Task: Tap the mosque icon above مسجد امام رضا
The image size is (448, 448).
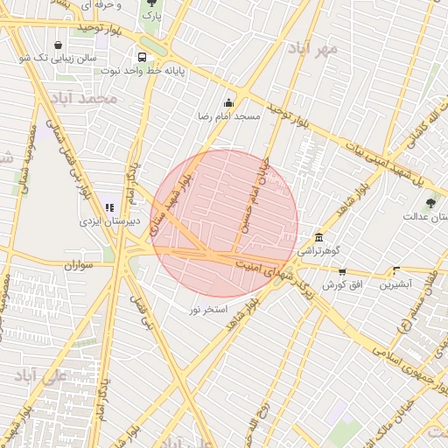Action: pyautogui.click(x=229, y=101)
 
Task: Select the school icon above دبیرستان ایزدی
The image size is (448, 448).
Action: pyautogui.click(x=109, y=207)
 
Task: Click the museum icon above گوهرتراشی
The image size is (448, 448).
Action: pyautogui.click(x=318, y=238)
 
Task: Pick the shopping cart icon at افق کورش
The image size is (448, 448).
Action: pyautogui.click(x=341, y=272)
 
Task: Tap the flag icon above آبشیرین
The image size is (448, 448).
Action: pyautogui.click(x=396, y=270)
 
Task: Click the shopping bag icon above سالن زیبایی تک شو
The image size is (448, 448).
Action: pyautogui.click(x=58, y=45)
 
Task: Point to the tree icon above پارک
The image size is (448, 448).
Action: pyautogui.click(x=152, y=3)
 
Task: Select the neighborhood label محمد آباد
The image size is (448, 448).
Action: pyautogui.click(x=84, y=97)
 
